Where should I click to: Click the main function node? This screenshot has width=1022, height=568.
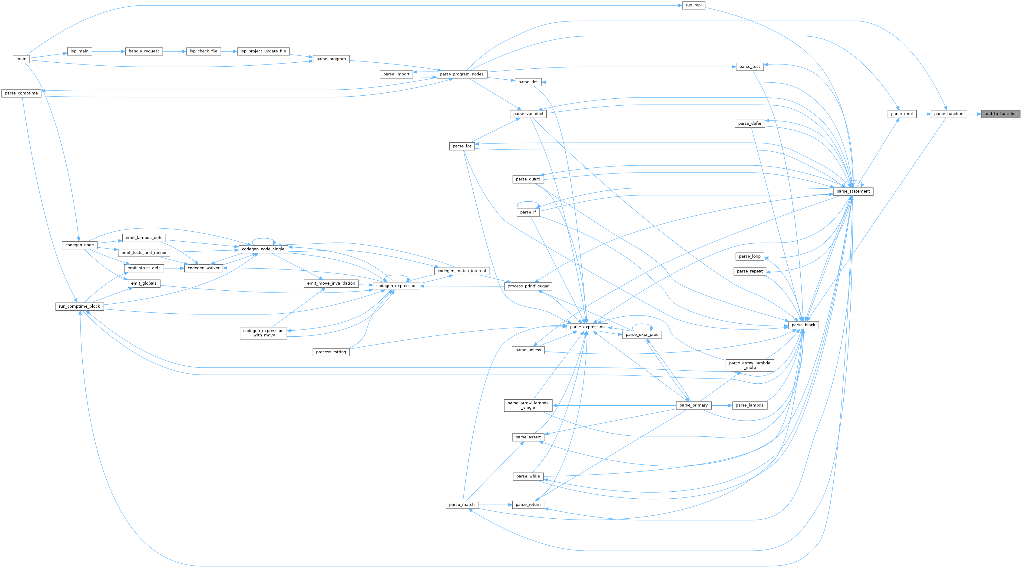[x=21, y=59]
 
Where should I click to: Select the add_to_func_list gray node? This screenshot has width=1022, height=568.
[x=1001, y=114]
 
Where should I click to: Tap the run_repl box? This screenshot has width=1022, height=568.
[x=693, y=5]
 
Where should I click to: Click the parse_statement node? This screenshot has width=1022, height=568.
[x=853, y=191]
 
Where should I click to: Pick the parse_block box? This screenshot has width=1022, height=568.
[x=803, y=325]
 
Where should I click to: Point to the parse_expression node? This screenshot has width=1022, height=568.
[x=587, y=327]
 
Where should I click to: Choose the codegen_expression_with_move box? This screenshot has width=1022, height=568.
[x=263, y=333]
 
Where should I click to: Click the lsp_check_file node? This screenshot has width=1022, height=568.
[x=203, y=51]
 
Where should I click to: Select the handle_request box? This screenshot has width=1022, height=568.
[x=144, y=51]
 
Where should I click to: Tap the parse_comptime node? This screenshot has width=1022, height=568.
[x=21, y=93]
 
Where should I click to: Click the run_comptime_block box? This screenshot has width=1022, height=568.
[x=79, y=306]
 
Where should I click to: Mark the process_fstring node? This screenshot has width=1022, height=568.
[x=331, y=352]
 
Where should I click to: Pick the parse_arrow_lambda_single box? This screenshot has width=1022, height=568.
[x=528, y=405]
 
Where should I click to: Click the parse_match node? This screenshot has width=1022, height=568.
[x=461, y=504]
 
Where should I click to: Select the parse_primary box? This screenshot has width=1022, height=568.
[x=693, y=405]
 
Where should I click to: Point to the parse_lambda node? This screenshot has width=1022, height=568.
[x=749, y=405]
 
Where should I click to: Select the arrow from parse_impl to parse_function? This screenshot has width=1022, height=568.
[x=923, y=114]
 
